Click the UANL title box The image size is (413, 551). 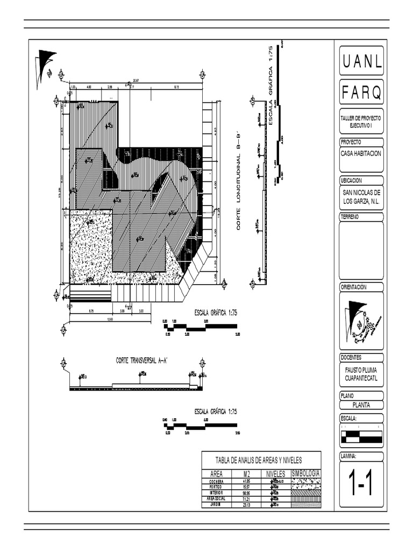point(361,62)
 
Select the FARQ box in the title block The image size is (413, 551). point(361,93)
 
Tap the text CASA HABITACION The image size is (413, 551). point(361,153)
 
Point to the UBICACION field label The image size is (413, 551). point(351,181)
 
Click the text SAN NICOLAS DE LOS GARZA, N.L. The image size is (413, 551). point(361,196)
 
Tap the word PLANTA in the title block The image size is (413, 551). point(361,406)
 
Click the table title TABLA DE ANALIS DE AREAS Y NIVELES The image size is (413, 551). point(259,460)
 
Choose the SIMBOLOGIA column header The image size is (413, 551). point(305,474)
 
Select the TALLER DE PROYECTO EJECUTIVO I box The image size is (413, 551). point(361,121)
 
